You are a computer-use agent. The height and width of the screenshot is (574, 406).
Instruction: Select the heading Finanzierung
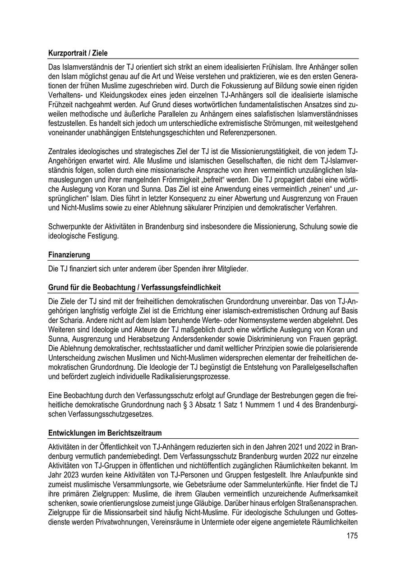tap(69, 255)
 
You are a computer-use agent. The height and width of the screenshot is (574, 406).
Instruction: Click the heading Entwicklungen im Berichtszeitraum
tap(105, 433)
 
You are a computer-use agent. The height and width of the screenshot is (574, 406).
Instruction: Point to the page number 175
tap(352, 536)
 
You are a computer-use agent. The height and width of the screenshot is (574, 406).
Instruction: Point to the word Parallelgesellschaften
tap(317, 367)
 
